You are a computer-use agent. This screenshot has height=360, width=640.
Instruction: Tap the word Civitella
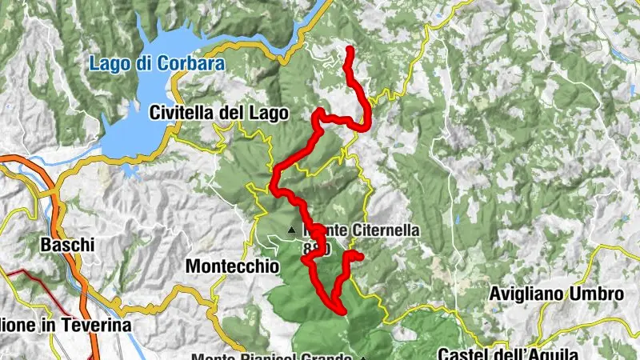[x=182, y=114]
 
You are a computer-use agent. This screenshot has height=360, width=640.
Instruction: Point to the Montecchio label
[x=232, y=265]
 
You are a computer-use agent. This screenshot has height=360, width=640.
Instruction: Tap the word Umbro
[x=595, y=294]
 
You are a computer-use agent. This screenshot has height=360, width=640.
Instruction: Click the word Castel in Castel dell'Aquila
[x=463, y=354]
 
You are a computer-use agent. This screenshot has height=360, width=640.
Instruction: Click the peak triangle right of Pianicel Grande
[x=362, y=358]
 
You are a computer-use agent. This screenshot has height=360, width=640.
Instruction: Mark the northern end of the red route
[x=349, y=50]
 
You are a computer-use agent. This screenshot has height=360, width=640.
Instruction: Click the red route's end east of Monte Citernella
[x=361, y=257]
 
